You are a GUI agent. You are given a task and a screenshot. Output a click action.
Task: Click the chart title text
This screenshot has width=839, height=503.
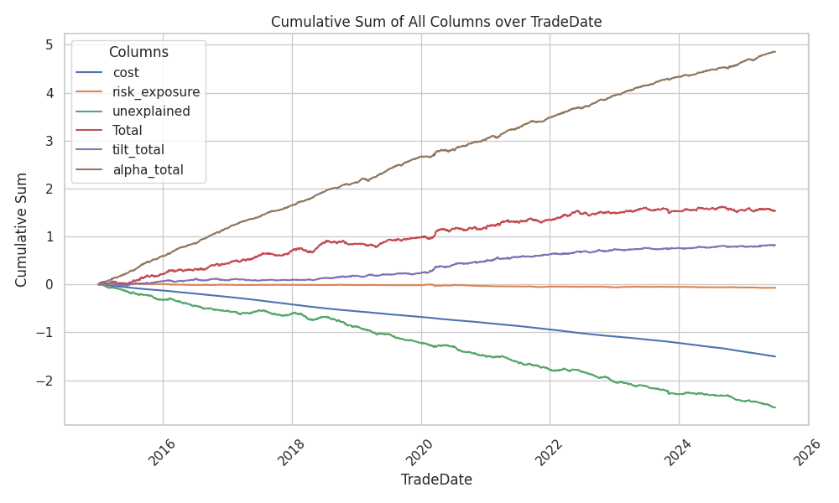pos(436,22)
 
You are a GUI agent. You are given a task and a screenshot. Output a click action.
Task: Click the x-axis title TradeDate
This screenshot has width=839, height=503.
pos(436,480)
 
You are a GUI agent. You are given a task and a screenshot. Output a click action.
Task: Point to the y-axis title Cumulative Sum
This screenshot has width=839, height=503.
pos(22,229)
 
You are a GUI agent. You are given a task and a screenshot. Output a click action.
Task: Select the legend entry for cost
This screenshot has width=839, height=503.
pos(126,73)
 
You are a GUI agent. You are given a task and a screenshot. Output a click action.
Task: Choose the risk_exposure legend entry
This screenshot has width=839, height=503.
pos(156,92)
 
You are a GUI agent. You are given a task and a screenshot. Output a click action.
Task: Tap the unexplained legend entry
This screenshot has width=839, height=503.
pos(151,111)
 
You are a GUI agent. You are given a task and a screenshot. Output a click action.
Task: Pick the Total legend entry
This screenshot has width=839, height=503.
pos(128,131)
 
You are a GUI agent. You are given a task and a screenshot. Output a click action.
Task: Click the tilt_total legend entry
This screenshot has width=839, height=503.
pos(138,150)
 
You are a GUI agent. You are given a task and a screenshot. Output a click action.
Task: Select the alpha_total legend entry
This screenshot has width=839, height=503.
pos(148,169)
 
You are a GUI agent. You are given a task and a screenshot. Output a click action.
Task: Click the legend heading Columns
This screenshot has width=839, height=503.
pos(138,52)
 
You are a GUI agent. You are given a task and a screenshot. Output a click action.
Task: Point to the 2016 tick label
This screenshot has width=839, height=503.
pos(165,454)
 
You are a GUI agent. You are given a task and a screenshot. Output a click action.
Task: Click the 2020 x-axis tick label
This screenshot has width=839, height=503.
pos(424,454)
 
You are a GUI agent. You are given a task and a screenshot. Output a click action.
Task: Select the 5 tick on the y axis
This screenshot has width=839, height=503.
pos(50,44)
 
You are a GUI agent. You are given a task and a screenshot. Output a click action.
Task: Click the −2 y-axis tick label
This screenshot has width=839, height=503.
pos(46,381)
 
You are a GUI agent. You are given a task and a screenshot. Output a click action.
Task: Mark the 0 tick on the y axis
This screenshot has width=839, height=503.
pos(50,285)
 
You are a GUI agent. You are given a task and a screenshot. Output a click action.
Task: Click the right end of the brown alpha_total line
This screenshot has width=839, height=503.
pos(775,51)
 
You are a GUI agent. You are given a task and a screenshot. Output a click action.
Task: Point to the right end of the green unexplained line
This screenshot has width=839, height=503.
pos(775,407)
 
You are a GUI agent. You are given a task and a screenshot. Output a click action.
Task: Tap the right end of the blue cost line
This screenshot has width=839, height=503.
pos(775,356)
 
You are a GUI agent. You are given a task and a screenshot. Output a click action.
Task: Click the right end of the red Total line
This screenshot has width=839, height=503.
pos(775,210)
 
